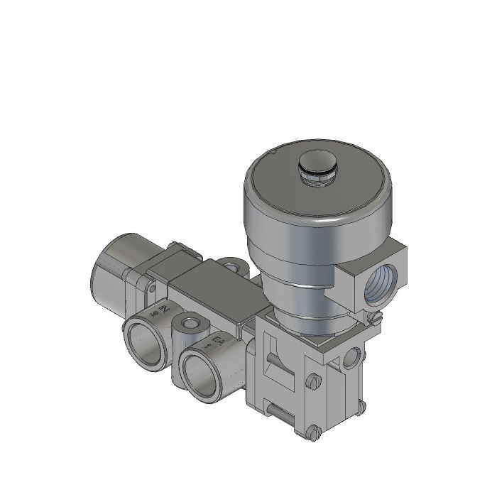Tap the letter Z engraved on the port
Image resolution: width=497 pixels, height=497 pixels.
164,310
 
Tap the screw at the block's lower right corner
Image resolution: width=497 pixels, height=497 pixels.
361,408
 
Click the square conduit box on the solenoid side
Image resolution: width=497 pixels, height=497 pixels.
376,277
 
